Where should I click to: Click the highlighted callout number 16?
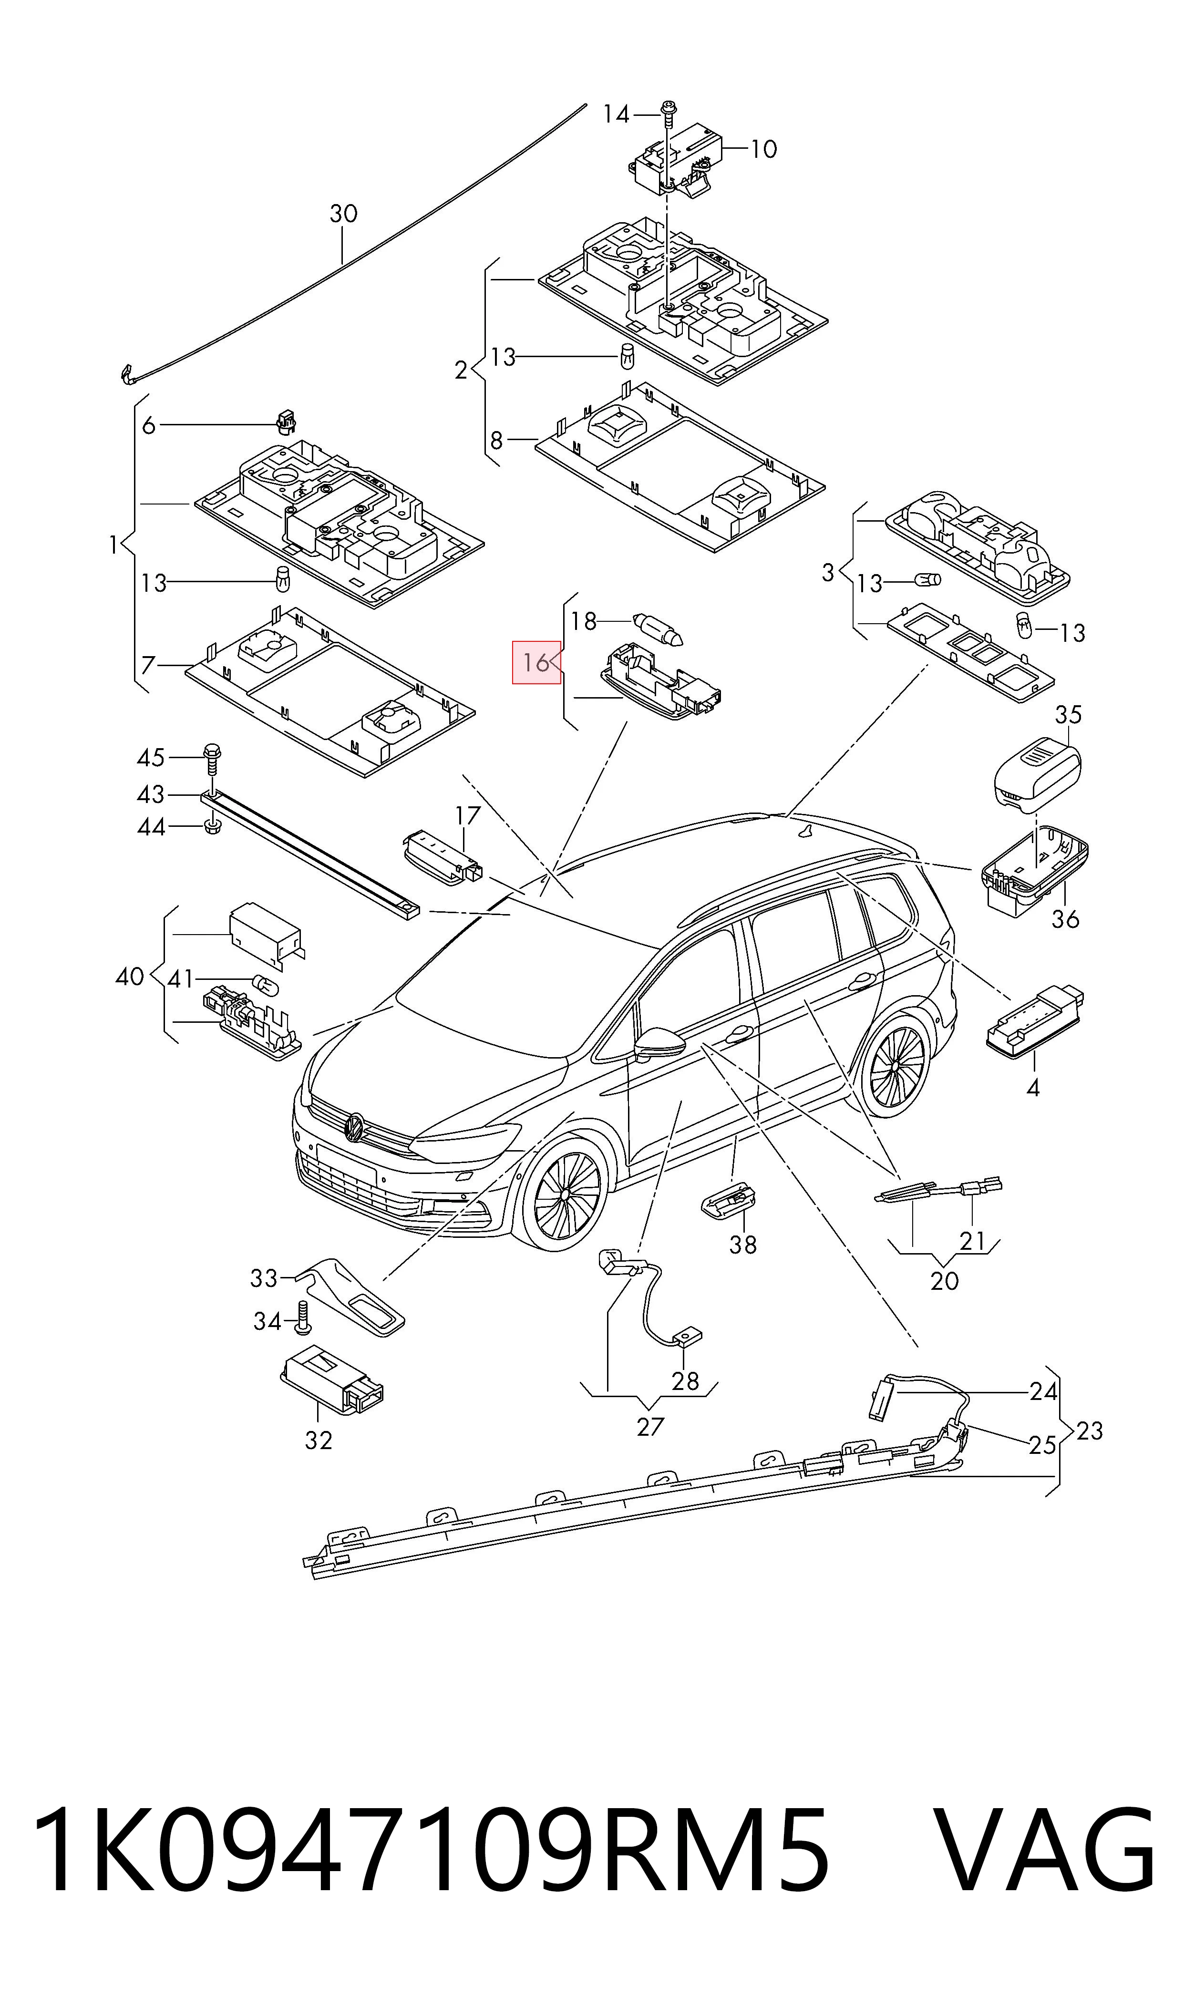pos(535,662)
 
